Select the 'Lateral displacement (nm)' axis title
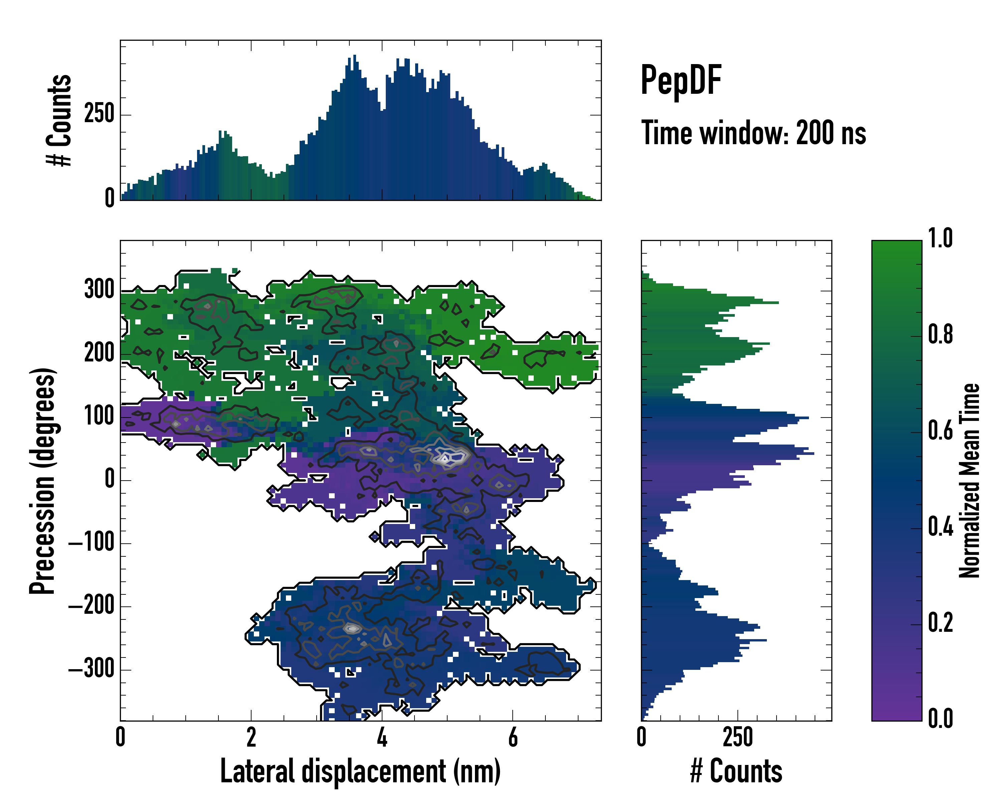pyautogui.click(x=360, y=771)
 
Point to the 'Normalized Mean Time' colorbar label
pyautogui.click(x=970, y=481)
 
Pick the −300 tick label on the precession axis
pyautogui.click(x=92, y=670)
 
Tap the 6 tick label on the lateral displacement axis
pyautogui.click(x=513, y=737)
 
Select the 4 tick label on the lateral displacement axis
pyautogui.click(x=382, y=737)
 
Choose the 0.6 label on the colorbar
pyautogui.click(x=940, y=431)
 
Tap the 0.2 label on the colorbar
pyautogui.click(x=940, y=623)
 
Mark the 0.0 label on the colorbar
pyautogui.click(x=940, y=718)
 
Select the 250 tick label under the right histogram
pyautogui.click(x=737, y=737)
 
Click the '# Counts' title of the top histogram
pyautogui.click(x=59, y=120)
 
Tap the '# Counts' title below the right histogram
pyautogui.click(x=736, y=771)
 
